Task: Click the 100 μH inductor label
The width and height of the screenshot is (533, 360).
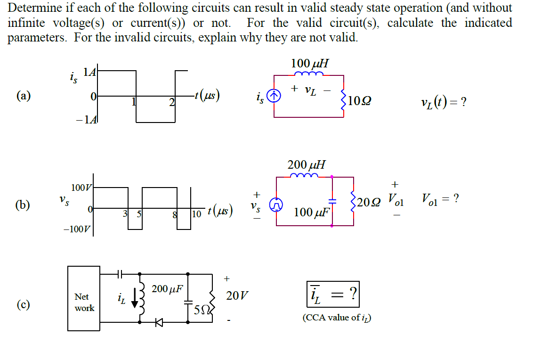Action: pos(310,63)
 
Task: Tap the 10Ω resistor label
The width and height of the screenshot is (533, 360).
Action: pos(360,100)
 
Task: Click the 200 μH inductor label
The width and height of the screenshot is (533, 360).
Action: pos(306,165)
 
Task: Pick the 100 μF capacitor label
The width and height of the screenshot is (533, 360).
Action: pos(311,212)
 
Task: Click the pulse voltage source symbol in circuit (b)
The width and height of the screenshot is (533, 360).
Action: pos(276,204)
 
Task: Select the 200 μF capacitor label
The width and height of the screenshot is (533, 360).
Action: pos(167,289)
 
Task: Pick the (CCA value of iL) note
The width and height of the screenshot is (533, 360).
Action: pos(337,318)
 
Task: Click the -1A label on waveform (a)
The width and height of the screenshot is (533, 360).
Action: pos(86,119)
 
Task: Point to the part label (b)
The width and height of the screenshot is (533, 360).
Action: pos(22,205)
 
